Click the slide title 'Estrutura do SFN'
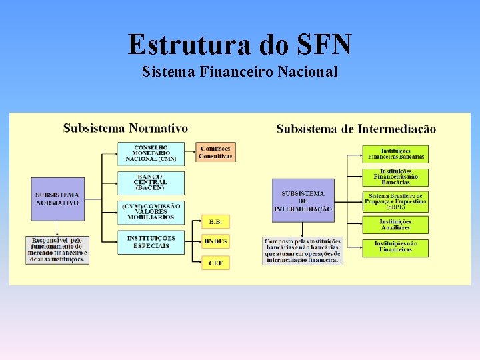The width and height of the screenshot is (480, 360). click(x=239, y=45)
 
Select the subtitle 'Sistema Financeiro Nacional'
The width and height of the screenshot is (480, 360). click(x=239, y=71)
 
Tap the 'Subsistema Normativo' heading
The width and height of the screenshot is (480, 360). click(x=125, y=128)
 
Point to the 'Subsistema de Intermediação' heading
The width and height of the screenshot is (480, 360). click(x=356, y=129)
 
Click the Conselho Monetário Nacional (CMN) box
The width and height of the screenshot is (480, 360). click(x=151, y=153)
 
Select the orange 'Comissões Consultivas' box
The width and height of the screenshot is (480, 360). click(x=215, y=152)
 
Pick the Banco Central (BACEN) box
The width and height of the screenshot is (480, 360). click(x=151, y=182)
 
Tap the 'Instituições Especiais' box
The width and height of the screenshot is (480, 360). click(x=151, y=242)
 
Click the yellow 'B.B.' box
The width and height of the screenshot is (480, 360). click(x=215, y=221)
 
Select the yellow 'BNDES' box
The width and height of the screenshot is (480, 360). click(x=215, y=241)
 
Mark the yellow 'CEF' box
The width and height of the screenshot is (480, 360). click(x=215, y=263)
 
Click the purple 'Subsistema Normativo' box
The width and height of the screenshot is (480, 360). click(x=58, y=198)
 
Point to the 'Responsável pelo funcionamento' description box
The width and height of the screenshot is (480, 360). click(x=58, y=249)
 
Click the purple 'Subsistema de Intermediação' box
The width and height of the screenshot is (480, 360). click(x=303, y=201)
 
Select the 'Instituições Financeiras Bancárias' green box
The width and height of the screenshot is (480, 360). click(x=395, y=154)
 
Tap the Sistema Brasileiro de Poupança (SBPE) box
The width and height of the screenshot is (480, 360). click(x=395, y=201)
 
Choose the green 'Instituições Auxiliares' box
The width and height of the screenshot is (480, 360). click(x=395, y=225)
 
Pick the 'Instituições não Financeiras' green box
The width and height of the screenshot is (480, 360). click(x=395, y=247)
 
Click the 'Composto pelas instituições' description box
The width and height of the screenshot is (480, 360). click(x=303, y=251)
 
